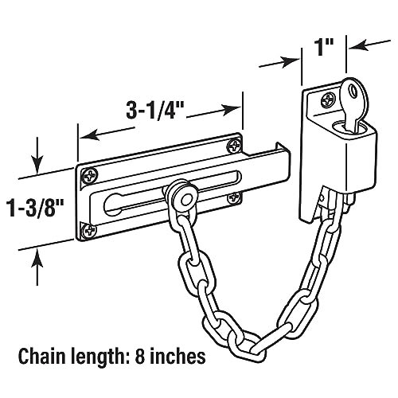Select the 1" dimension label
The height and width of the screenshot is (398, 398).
click(324, 48)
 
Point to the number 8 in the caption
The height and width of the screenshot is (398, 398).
click(139, 356)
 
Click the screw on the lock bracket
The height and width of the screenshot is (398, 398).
click(328, 100)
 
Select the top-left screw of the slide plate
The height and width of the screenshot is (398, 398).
click(89, 176)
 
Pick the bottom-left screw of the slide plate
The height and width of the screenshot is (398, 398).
click(89, 229)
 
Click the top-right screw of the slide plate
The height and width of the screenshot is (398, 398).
click(235, 146)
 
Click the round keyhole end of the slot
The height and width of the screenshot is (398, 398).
click(113, 208)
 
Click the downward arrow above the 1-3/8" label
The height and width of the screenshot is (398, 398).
click(36, 155)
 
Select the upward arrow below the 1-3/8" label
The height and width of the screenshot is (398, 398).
click(37, 267)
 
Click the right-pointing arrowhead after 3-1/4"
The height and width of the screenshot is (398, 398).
click(232, 110)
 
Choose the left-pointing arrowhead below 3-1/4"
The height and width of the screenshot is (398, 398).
click(88, 136)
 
